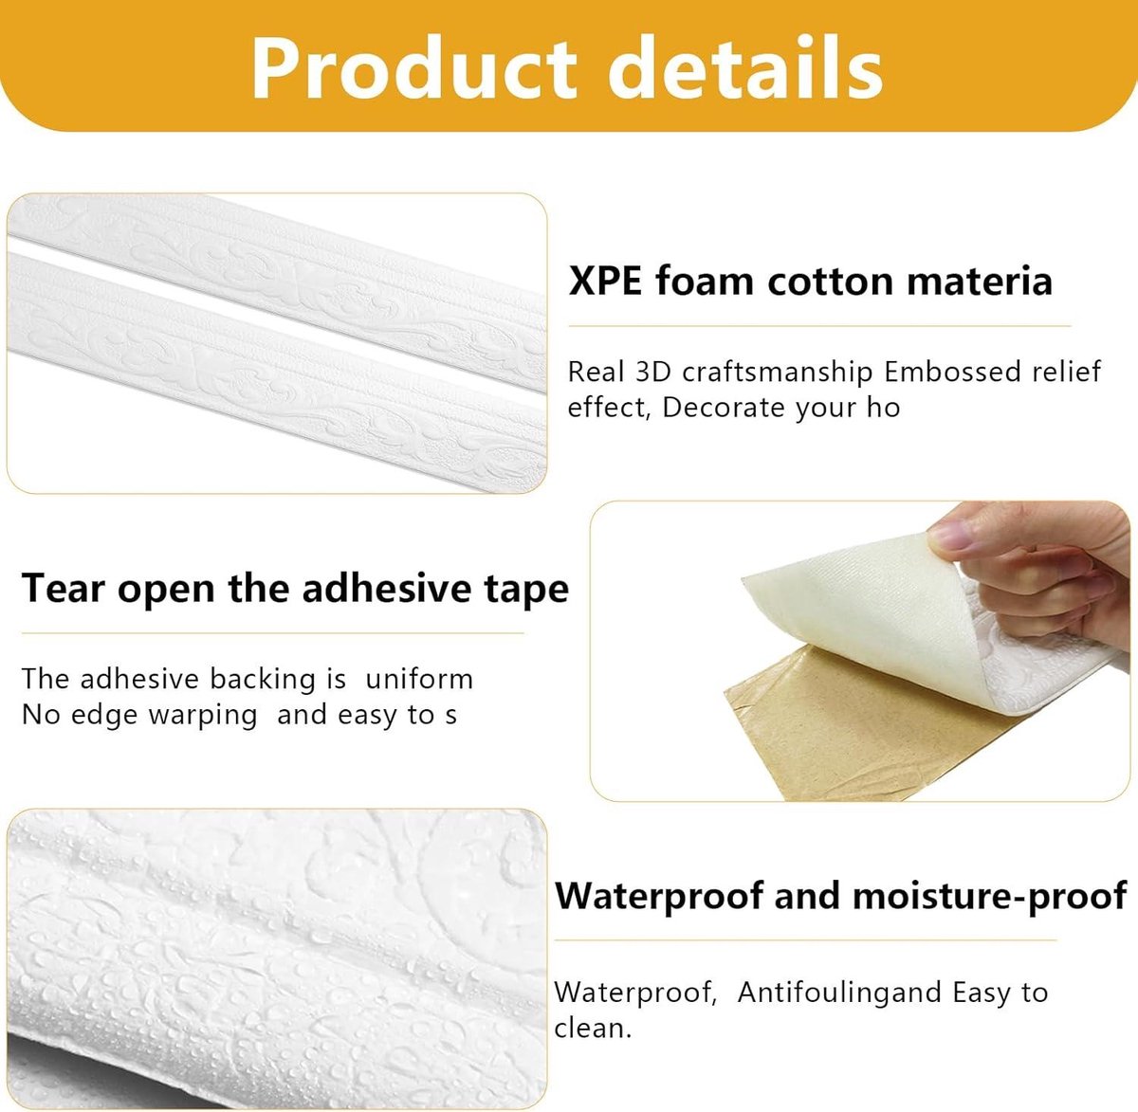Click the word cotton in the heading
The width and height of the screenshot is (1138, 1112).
click(x=832, y=282)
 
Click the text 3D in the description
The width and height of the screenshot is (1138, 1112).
click(x=652, y=372)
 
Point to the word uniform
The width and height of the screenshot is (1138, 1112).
click(x=419, y=679)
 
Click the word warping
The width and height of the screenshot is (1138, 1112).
click(x=203, y=716)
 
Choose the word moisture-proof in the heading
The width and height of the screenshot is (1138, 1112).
click(x=989, y=896)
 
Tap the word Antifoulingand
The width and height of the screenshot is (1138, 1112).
click(x=839, y=993)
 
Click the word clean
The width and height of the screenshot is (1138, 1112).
click(x=593, y=1029)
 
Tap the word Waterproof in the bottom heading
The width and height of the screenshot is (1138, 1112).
click(x=658, y=897)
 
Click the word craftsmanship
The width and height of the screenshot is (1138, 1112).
click(x=778, y=372)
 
